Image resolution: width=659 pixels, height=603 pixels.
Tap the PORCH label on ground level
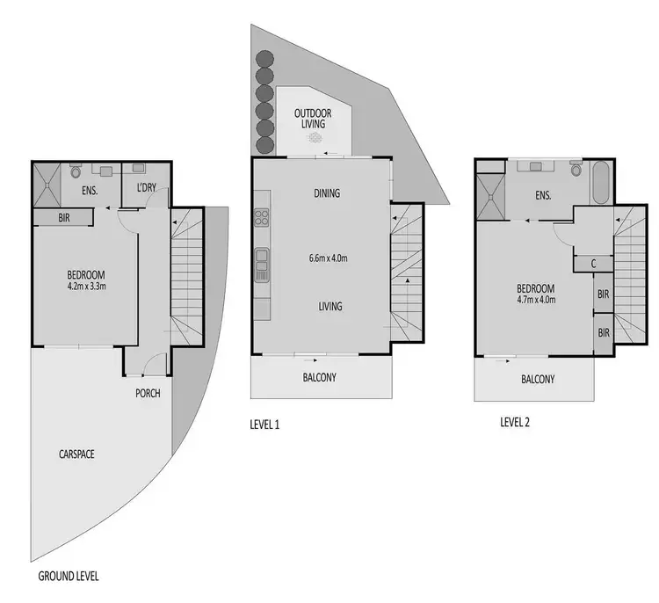(x=148, y=393)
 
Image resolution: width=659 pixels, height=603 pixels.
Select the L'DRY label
(x=148, y=188)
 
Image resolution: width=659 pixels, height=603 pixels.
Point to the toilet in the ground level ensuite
(x=75, y=171)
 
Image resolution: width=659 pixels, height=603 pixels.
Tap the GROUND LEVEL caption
(x=69, y=577)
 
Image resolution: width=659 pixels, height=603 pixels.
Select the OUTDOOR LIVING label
(x=309, y=118)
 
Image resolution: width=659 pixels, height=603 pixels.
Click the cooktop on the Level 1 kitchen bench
(x=261, y=217)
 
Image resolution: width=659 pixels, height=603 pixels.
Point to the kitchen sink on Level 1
(x=261, y=262)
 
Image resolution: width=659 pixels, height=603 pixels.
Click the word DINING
(x=325, y=193)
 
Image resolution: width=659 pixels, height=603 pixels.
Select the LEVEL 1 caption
(x=265, y=425)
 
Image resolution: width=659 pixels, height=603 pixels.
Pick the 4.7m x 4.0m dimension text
(x=535, y=300)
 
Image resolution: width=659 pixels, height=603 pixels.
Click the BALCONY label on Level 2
(x=537, y=380)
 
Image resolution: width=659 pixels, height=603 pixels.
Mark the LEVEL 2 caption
(x=515, y=421)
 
